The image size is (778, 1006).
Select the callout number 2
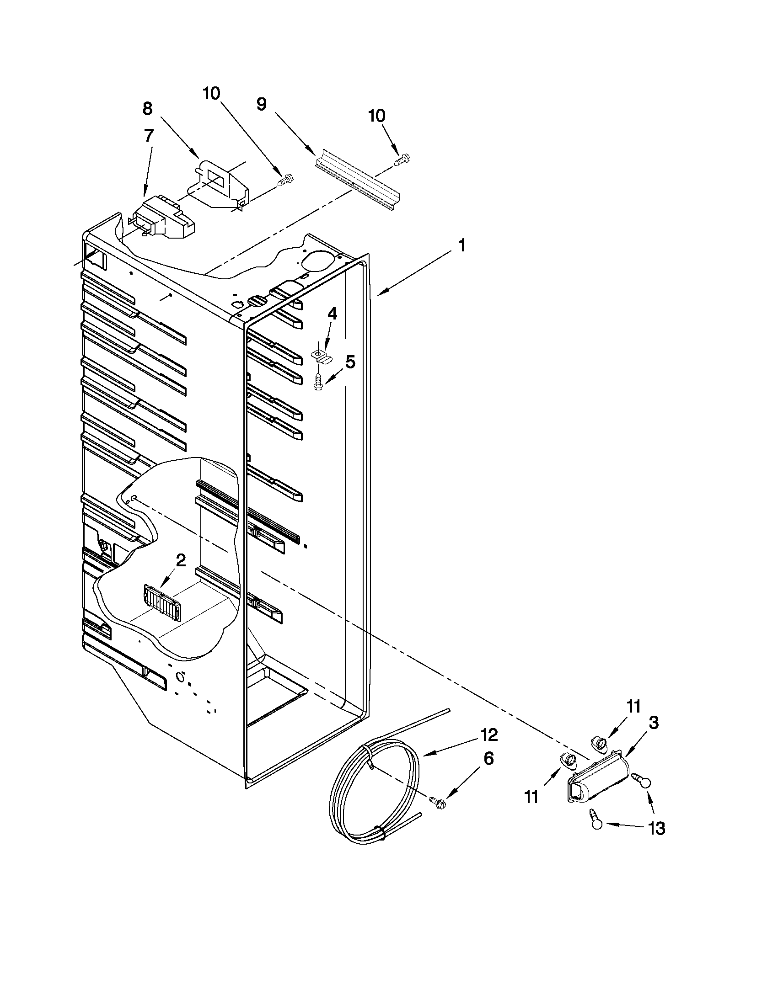tap(180, 560)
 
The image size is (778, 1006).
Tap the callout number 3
tap(654, 723)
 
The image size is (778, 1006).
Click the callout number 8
tap(147, 108)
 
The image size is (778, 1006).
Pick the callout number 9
tap(261, 104)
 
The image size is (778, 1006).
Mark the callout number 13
tap(656, 829)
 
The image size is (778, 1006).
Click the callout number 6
tap(488, 758)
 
